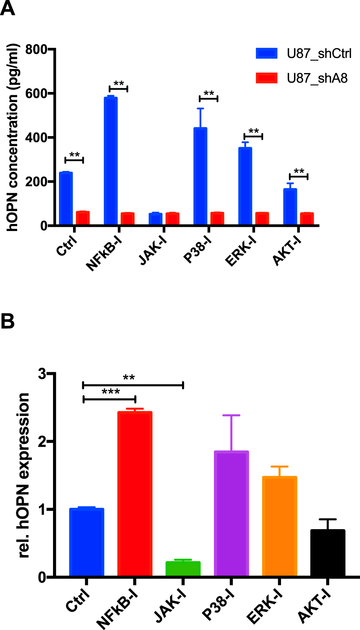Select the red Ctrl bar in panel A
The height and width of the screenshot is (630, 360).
83,218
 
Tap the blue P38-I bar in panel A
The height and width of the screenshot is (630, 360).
200,176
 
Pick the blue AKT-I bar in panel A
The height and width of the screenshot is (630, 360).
290,207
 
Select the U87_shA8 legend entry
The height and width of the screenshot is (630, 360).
302,78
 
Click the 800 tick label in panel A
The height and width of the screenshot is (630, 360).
36,49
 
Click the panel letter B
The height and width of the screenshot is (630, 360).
7,321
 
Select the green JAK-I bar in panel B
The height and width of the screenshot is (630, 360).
183,569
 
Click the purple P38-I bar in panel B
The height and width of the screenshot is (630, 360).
231,514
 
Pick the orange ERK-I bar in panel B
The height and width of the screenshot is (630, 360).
279,527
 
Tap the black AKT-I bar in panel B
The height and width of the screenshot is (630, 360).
327,553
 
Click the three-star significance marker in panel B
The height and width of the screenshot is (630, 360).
110,392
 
